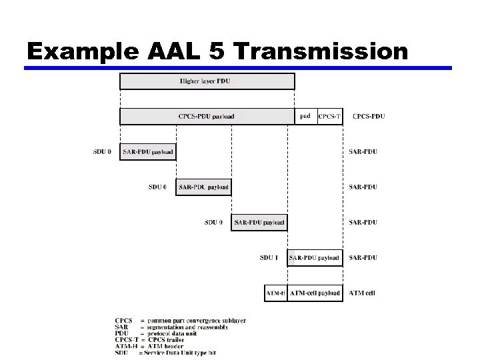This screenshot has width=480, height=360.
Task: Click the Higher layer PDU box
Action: click(207, 81)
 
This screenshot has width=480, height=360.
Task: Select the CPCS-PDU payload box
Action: click(207, 117)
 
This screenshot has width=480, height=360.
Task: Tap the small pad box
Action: click(305, 117)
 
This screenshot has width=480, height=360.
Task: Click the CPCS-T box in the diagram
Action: click(329, 117)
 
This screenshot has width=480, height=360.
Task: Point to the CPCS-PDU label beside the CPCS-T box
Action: click(369, 117)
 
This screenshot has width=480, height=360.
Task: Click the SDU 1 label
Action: click(270, 258)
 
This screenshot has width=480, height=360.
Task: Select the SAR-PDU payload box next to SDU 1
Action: click(315, 258)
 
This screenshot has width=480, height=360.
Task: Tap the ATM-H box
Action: click(275, 293)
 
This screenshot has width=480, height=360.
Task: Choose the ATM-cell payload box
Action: click(315, 293)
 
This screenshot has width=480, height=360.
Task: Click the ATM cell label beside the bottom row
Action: click(363, 293)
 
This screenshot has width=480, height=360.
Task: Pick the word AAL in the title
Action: click(170, 51)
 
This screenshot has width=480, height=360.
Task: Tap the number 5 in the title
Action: click(219, 51)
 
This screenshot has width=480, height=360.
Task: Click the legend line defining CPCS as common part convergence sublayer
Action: click(180, 321)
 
